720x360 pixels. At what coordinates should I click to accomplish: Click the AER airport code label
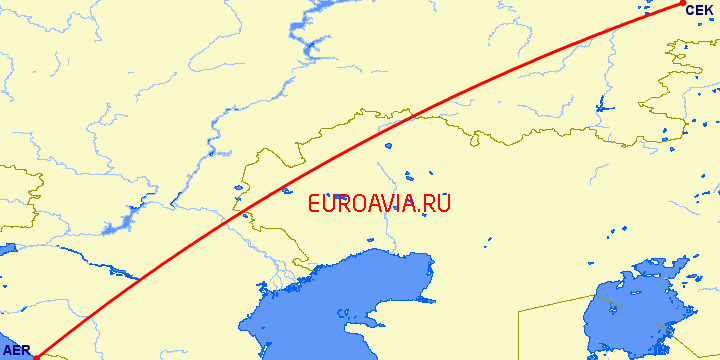(17, 350)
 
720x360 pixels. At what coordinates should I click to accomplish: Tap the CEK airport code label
(698, 10)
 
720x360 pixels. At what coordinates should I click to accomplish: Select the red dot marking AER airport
(35, 352)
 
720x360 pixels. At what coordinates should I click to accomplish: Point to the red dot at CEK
(682, 4)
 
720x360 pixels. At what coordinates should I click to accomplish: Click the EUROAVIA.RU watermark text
(379, 203)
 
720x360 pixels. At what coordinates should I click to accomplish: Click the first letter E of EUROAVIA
(315, 203)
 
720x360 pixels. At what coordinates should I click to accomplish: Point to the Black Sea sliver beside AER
(8, 340)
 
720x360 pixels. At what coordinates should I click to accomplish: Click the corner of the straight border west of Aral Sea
(519, 313)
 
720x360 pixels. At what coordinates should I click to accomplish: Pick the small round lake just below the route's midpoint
(287, 189)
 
